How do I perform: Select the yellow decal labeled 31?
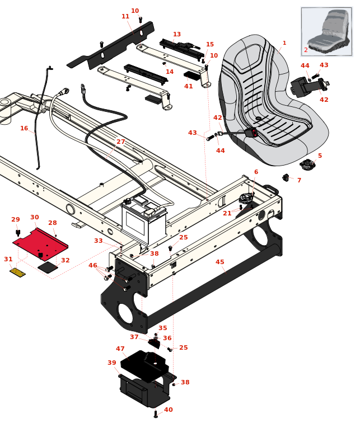click(x=17, y=272)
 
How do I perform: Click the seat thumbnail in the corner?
click(x=326, y=31)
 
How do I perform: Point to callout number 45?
click(x=220, y=262)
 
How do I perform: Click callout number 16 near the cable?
click(x=24, y=128)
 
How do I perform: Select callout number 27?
click(x=121, y=142)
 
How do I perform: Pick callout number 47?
click(x=120, y=349)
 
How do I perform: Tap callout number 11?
click(x=125, y=17)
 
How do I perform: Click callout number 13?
click(x=177, y=35)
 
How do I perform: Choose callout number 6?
click(x=256, y=172)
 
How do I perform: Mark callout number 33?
click(x=99, y=241)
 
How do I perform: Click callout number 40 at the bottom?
click(x=169, y=410)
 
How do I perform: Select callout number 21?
click(x=227, y=213)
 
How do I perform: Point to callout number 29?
click(x=16, y=219)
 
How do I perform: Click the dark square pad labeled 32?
click(x=48, y=267)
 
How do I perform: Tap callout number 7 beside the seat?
click(x=299, y=180)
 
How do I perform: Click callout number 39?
click(x=112, y=363)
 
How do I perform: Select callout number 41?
click(x=189, y=86)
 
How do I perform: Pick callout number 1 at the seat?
click(x=284, y=43)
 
